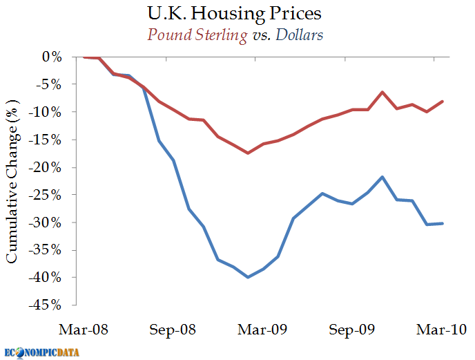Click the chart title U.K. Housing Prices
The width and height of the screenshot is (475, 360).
(x=237, y=13)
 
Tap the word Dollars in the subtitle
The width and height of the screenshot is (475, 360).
(x=300, y=35)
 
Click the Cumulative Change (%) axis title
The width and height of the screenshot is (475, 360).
(x=12, y=180)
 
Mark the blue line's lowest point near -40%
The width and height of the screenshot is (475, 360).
(x=248, y=277)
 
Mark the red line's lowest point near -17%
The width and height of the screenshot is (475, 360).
(x=248, y=153)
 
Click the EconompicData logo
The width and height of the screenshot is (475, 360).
(x=41, y=352)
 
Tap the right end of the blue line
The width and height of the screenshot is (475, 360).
(x=443, y=223)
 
